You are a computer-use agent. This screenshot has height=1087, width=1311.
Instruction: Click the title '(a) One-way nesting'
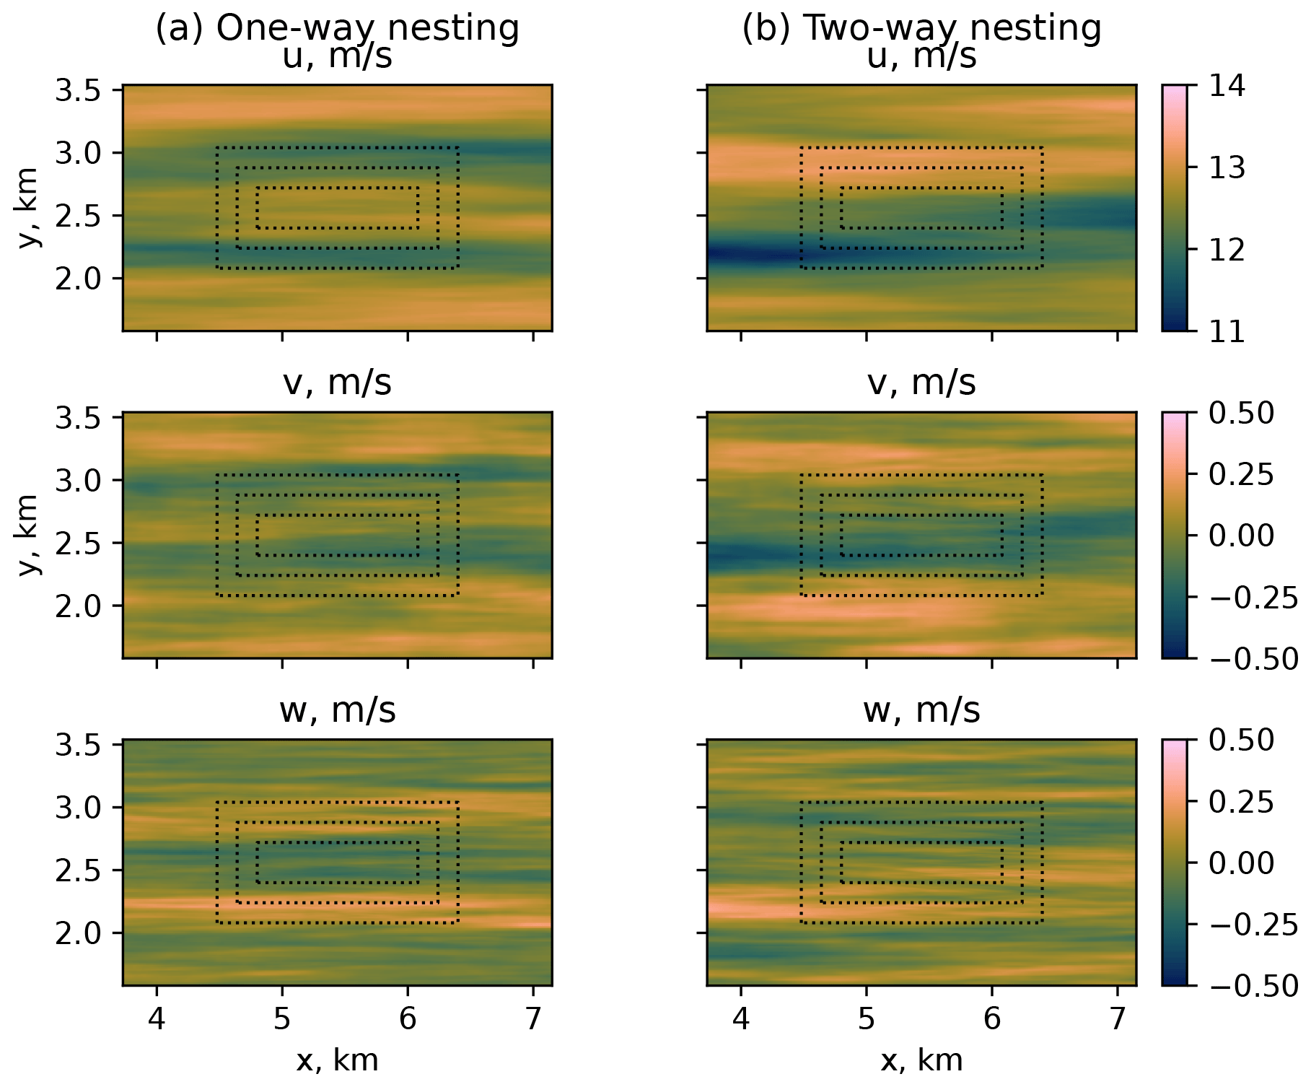point(337,28)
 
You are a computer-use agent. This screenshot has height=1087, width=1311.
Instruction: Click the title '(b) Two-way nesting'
point(921,28)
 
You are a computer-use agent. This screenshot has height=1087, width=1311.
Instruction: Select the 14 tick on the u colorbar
point(1227,86)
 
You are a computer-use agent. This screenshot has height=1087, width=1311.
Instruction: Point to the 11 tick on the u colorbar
point(1227,331)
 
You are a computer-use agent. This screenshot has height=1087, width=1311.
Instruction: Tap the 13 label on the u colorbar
point(1227,167)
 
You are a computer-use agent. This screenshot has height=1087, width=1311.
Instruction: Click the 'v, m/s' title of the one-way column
point(337,383)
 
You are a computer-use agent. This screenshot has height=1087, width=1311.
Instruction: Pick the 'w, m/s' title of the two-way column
point(921,710)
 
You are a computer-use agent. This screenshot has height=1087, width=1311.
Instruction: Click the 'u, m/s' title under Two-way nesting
point(921,56)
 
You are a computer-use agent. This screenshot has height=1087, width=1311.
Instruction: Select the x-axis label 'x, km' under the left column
point(337,1060)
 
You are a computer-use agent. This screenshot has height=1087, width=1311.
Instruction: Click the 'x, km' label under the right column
point(921,1060)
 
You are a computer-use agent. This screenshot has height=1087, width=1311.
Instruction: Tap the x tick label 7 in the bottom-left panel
point(533,1018)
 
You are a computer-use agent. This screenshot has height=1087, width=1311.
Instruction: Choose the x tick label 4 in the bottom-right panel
point(741,1018)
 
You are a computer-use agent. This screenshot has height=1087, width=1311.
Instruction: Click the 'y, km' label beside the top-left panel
point(27,208)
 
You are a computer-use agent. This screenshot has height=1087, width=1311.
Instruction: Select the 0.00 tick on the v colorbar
point(1241,536)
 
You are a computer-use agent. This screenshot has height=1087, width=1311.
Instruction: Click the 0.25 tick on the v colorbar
point(1241,474)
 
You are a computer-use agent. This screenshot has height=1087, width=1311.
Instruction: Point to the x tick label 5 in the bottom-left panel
point(282,1018)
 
